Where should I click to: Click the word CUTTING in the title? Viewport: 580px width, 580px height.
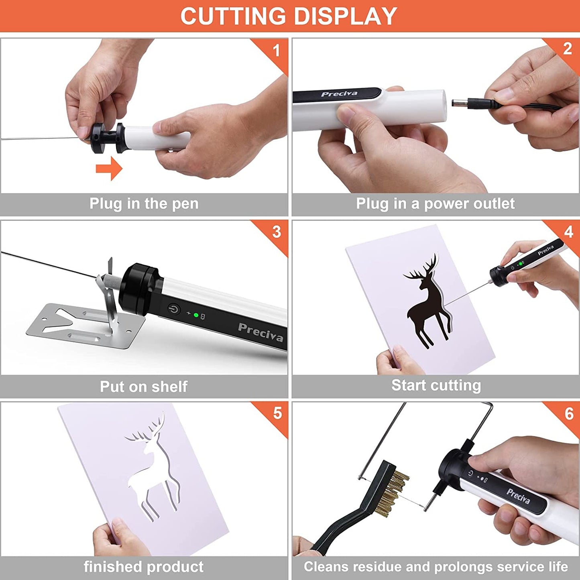pos(233,16)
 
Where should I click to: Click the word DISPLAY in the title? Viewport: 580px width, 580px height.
pos(345,16)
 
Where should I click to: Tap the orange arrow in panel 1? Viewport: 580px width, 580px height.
pos(109,168)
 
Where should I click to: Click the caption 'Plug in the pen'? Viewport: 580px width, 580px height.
pos(144,204)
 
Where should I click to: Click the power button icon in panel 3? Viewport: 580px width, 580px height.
pos(174,309)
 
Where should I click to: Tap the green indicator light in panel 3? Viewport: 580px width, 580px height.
pos(196,315)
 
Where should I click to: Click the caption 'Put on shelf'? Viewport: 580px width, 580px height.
pos(144,387)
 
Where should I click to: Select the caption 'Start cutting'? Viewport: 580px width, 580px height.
pos(436,386)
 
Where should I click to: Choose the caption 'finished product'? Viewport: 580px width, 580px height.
pos(144,567)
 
